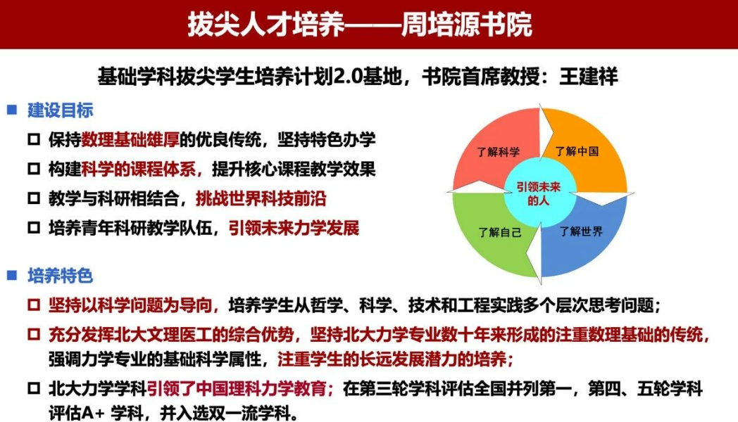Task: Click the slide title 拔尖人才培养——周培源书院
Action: click(x=360, y=25)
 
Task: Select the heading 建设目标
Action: click(x=61, y=110)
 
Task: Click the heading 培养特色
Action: click(x=61, y=276)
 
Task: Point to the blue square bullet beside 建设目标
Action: click(x=12, y=110)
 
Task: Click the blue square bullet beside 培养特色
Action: click(x=12, y=276)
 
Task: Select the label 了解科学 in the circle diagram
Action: click(x=498, y=152)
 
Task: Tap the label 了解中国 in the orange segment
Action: click(x=577, y=151)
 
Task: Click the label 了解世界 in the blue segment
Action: click(x=581, y=231)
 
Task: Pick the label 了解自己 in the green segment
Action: click(x=500, y=232)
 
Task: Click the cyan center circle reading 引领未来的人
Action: click(x=539, y=193)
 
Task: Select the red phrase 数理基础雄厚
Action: click(x=130, y=139)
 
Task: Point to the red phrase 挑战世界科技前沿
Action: click(x=261, y=199)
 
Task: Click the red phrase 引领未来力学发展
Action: click(x=294, y=229)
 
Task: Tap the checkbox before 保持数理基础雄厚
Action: click(x=34, y=140)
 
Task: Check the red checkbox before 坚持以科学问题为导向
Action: click(x=34, y=305)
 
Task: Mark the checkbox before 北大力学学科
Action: click(x=34, y=389)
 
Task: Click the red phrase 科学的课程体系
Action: click(x=139, y=170)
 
